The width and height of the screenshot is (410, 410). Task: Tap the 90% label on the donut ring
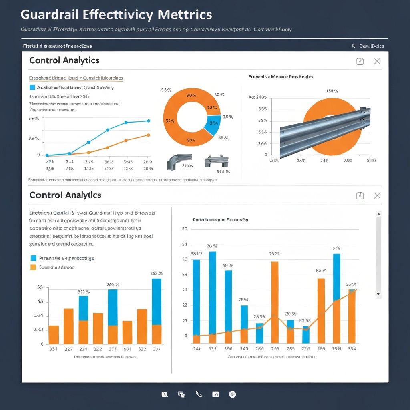point(191,95)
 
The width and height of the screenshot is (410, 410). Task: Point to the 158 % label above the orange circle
point(332,91)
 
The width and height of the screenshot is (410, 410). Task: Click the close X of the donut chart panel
point(377,61)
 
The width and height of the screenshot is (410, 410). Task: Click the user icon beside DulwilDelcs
point(353,46)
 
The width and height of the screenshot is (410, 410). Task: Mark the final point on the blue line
point(149,121)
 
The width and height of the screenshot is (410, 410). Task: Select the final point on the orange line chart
point(149,135)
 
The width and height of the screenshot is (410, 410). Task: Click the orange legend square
point(33,267)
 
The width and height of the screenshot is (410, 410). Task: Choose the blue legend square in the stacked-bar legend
point(33,258)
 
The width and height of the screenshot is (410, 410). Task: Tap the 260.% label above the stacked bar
point(113,285)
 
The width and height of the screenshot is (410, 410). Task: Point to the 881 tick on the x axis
point(127,349)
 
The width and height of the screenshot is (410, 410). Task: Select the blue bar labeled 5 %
point(337,276)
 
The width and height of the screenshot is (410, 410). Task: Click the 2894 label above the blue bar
point(243,299)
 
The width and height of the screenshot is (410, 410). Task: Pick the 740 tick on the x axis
point(244,349)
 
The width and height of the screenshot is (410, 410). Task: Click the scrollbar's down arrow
point(378,294)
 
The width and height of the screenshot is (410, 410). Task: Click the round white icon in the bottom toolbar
point(232,394)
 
